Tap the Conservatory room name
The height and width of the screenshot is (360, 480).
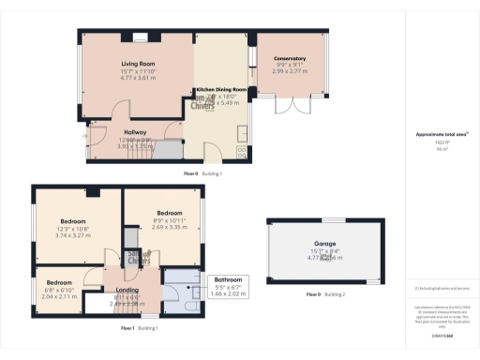click(290, 58)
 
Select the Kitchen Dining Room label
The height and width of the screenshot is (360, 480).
click(221, 89)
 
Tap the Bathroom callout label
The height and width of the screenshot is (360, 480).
click(228, 279)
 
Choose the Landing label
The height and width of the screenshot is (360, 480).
click(127, 290)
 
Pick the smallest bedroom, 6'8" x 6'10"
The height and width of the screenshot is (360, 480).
click(58, 281)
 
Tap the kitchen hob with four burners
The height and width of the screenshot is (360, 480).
click(240, 153)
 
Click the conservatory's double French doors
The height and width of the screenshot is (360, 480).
click(287, 104)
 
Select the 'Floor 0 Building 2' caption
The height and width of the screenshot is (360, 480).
click(325, 294)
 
